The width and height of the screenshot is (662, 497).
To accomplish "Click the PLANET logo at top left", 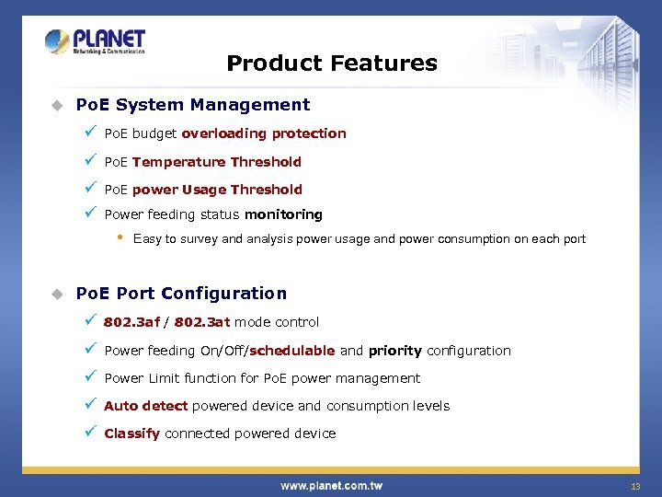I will click(x=96, y=42).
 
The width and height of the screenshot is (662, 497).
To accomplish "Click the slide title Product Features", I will click(x=331, y=64).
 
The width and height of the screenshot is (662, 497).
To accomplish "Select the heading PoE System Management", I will click(x=192, y=105).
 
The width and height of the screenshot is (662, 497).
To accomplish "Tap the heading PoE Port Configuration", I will click(x=181, y=294).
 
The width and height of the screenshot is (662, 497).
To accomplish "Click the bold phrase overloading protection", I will click(x=264, y=133).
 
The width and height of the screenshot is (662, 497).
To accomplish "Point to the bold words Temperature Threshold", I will click(x=216, y=162).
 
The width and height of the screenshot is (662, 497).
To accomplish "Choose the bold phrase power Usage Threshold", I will click(x=217, y=190).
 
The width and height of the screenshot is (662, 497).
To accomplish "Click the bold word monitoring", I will click(x=283, y=214).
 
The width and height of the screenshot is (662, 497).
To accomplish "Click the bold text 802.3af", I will click(x=131, y=322).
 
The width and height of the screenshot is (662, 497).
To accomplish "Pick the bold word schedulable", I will click(x=291, y=351).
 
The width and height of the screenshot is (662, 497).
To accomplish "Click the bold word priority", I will click(x=394, y=351).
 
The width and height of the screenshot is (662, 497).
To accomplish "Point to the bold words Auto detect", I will click(x=145, y=406).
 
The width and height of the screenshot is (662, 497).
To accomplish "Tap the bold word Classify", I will click(x=131, y=433).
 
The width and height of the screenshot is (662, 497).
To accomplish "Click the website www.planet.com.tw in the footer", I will click(x=331, y=485).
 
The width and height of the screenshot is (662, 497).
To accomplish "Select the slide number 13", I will click(x=634, y=486).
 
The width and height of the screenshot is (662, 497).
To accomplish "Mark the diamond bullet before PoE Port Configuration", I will click(x=56, y=294).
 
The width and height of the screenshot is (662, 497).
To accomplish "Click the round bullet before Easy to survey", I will click(x=119, y=237).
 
